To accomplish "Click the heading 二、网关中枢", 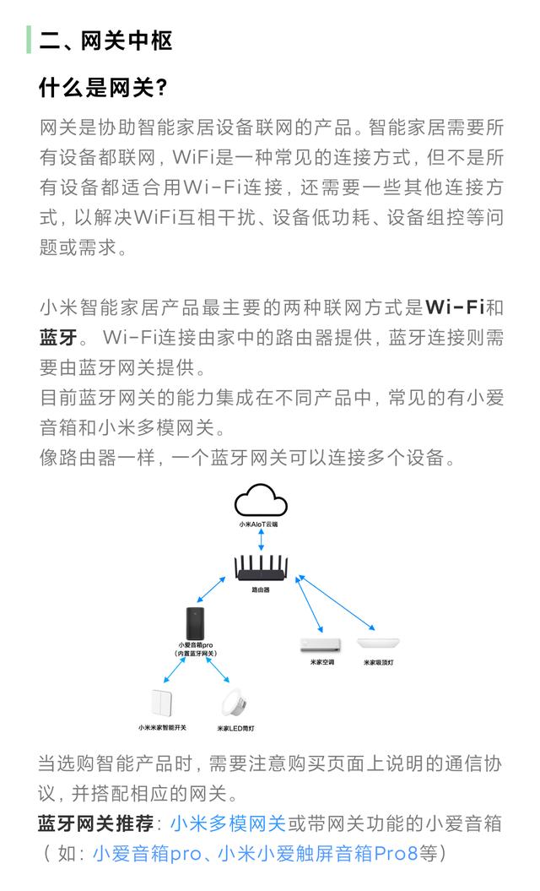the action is (x=105, y=41).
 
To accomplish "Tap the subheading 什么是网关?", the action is (x=103, y=88).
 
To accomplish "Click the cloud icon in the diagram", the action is (x=261, y=501).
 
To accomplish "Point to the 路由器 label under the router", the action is (x=261, y=589).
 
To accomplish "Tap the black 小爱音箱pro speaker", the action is (x=196, y=623).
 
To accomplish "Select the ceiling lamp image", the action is (x=378, y=644).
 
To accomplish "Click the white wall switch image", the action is (x=162, y=704).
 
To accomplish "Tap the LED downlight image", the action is (x=235, y=703).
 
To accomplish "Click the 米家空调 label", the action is (x=322, y=663).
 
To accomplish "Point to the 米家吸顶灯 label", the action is (x=379, y=663).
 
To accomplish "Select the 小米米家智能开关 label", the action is (x=162, y=728).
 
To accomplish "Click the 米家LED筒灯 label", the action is (x=235, y=729).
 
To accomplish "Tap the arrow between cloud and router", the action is (x=261, y=540).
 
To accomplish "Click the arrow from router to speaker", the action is (x=211, y=589).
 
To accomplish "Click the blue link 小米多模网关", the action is (x=228, y=823).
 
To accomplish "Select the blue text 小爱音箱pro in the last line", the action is (x=147, y=854).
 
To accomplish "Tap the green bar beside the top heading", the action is (x=29, y=41).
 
